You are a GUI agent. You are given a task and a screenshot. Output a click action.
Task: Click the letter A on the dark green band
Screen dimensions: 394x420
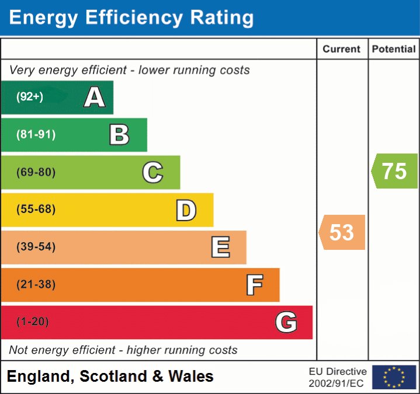pyautogui.click(x=95, y=97)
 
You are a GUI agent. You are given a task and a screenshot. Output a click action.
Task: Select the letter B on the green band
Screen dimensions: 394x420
pyautogui.click(x=119, y=135)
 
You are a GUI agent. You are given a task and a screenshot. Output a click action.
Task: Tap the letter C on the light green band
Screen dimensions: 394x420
pyautogui.click(x=152, y=173)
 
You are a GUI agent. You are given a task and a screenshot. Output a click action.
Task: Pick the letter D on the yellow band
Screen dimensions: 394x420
pyautogui.click(x=186, y=210)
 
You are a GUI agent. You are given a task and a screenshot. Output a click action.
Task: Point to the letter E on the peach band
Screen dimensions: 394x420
pyautogui.click(x=220, y=247)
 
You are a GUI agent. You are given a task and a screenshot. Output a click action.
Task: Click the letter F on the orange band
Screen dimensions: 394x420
pyautogui.click(x=254, y=285)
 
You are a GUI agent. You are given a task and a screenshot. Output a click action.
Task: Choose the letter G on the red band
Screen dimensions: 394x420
pyautogui.click(x=286, y=322)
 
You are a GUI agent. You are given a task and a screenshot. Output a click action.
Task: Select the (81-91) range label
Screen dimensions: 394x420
pyautogui.click(x=36, y=135)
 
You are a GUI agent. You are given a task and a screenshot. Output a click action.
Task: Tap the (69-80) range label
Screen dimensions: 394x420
pyautogui.click(x=36, y=173)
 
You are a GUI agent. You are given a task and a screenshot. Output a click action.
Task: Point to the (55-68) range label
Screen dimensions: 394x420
pyautogui.click(x=36, y=210)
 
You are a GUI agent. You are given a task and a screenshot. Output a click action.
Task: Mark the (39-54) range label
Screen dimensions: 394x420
pyautogui.click(x=36, y=247)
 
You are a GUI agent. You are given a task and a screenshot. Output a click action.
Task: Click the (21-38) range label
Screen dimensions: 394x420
pyautogui.click(x=36, y=285)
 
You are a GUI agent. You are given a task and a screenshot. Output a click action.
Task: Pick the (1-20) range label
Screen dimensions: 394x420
pyautogui.click(x=33, y=322)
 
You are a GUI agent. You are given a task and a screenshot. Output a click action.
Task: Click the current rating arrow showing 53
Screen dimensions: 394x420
pyautogui.click(x=342, y=232)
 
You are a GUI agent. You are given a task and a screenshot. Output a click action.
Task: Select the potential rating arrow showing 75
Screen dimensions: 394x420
pyautogui.click(x=395, y=171)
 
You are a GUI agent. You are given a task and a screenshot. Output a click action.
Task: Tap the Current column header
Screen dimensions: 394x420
pyautogui.click(x=342, y=50)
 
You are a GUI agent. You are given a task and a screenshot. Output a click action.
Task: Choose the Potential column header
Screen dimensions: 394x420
pyautogui.click(x=394, y=50)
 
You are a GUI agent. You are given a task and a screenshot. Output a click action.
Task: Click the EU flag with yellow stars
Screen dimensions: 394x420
pyautogui.click(x=394, y=377)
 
